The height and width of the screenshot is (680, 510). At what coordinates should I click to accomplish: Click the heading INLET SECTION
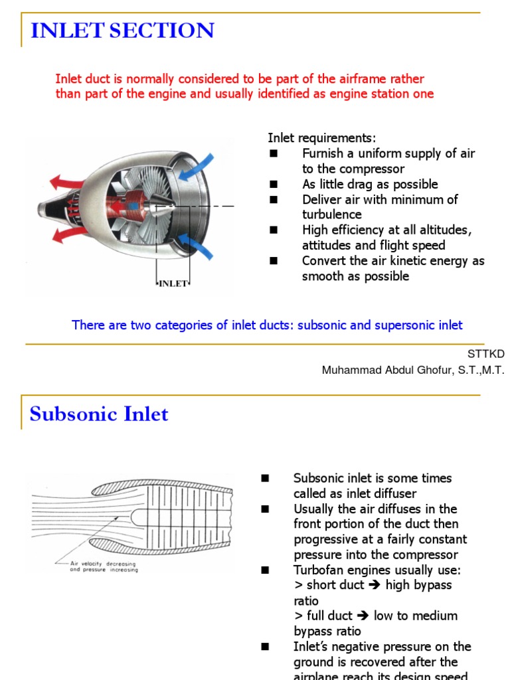click(122, 31)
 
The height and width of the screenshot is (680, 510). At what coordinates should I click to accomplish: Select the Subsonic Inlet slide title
click(99, 414)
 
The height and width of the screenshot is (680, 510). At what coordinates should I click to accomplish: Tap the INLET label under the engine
click(173, 284)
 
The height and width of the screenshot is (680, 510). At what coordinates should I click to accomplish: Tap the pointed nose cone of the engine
click(160, 207)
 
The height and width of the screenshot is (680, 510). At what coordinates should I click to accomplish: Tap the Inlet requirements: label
click(321, 138)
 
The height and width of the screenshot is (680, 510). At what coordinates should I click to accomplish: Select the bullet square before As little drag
click(273, 185)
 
